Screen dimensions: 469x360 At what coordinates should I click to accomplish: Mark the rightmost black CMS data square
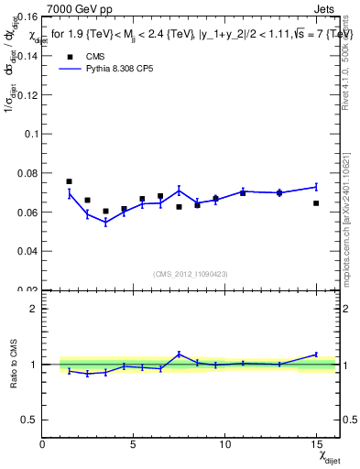[316, 203]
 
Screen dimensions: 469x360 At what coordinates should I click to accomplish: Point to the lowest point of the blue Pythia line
[105, 223]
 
